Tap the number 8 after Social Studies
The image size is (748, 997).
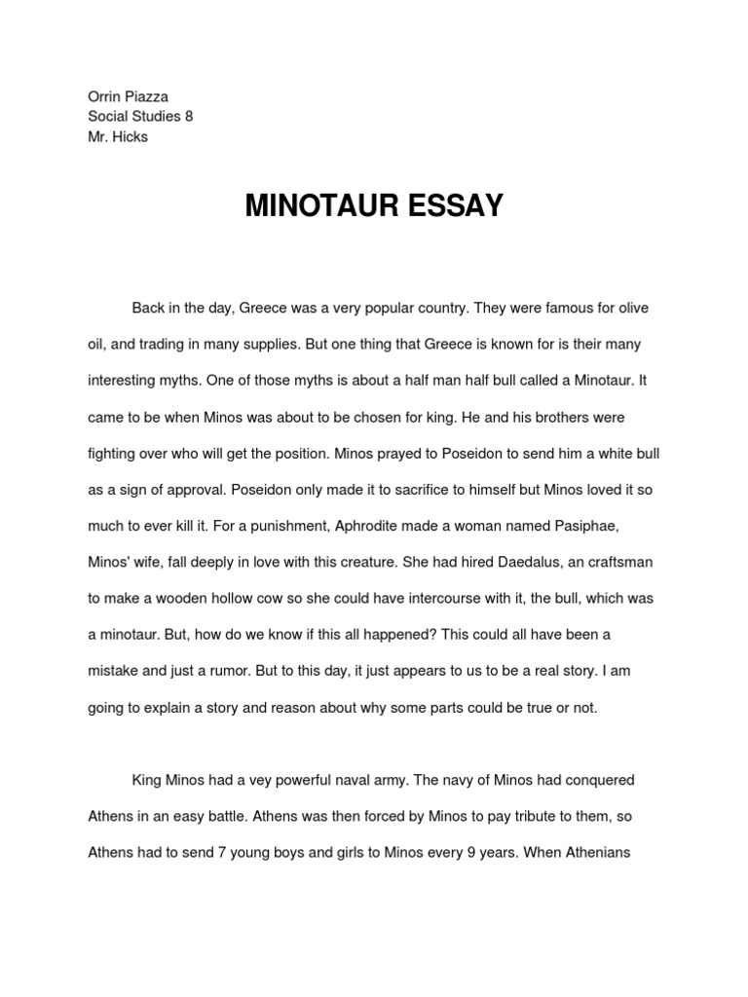(x=189, y=116)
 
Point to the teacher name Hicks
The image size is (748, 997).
(x=131, y=136)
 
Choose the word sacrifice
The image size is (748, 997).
(x=370, y=490)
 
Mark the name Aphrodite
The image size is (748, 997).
(x=376, y=526)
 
